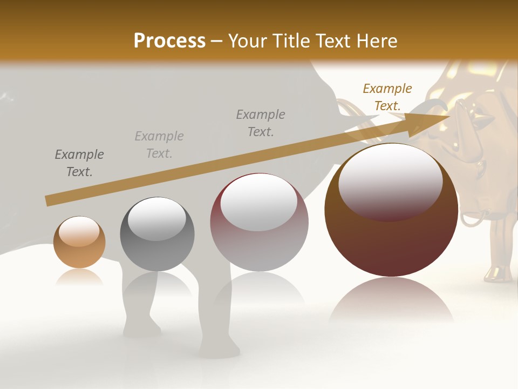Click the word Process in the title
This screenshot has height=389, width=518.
(169, 41)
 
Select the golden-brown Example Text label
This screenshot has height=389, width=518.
(387, 97)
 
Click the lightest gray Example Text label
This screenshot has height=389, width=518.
(159, 145)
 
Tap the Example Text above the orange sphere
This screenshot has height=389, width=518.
(79, 163)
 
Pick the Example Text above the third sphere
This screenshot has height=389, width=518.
(261, 123)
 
